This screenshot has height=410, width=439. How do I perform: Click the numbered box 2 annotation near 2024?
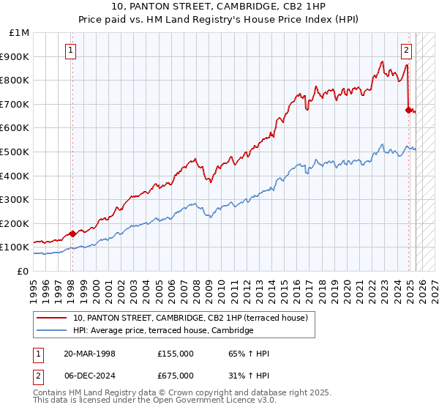pos(406,51)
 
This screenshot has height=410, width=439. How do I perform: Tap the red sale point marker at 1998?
pos(72,234)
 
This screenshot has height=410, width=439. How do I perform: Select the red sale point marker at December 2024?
pos(409,111)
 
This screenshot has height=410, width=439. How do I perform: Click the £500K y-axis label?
pos(16,152)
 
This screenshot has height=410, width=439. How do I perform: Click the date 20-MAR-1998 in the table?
pos(89,354)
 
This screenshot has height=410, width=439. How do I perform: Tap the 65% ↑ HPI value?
pos(249,354)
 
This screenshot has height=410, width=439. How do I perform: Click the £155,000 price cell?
pos(175,354)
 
